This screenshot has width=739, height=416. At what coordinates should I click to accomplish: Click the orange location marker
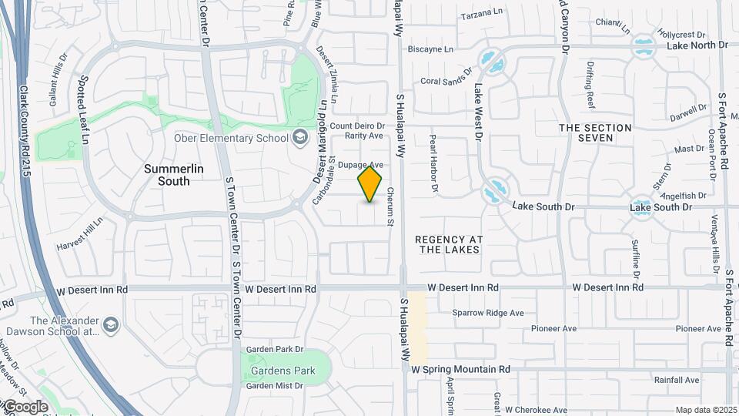pyautogui.click(x=369, y=184)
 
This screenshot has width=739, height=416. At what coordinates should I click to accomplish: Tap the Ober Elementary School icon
pyautogui.click(x=300, y=138)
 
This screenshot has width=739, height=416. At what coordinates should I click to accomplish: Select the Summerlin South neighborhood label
pyautogui.click(x=167, y=174)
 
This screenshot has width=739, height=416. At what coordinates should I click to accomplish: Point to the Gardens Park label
pyautogui.click(x=283, y=371)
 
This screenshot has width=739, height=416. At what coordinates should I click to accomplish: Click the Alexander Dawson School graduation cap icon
pyautogui.click(x=111, y=324)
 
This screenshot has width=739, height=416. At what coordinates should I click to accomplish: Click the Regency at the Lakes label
pyautogui.click(x=448, y=244)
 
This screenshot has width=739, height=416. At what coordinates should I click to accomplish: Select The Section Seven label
pyautogui.click(x=595, y=133)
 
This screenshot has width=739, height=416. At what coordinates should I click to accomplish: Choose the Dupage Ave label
pyautogui.click(x=361, y=165)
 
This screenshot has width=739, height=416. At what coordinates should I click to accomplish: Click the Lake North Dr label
pyautogui.click(x=697, y=45)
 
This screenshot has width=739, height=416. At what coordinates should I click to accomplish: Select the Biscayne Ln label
pyautogui.click(x=430, y=49)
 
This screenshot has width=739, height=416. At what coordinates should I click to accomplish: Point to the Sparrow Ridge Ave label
pyautogui.click(x=487, y=313)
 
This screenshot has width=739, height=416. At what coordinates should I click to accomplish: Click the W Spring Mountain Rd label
pyautogui.click(x=460, y=370)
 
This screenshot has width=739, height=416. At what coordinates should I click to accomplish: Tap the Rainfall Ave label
pyautogui.click(x=676, y=380)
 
